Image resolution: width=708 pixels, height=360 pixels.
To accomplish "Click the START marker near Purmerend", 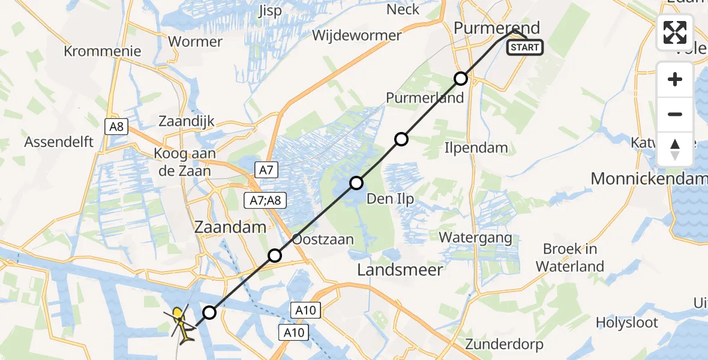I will [x=525, y=47].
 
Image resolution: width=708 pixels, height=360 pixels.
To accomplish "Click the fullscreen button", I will [x=675, y=32].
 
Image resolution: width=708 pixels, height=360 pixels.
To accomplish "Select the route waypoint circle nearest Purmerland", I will [x=460, y=79].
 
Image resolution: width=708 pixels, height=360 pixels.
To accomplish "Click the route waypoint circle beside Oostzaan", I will [x=275, y=256].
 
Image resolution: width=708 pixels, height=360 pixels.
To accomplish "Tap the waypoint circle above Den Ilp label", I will [x=357, y=183].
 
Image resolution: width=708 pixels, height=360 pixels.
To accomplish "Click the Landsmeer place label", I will [x=400, y=270].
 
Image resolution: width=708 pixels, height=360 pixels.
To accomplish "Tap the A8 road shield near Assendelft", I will [x=116, y=127].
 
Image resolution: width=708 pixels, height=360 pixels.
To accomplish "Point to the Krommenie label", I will [x=103, y=51].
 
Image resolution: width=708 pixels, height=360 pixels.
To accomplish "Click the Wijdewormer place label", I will [x=356, y=35].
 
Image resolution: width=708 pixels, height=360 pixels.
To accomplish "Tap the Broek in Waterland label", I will [x=570, y=257].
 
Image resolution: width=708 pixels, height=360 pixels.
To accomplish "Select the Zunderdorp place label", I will [x=504, y=344].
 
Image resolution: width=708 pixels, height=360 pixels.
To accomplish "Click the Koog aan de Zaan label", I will [x=185, y=162].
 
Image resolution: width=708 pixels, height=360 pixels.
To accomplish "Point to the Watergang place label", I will [x=475, y=238].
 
